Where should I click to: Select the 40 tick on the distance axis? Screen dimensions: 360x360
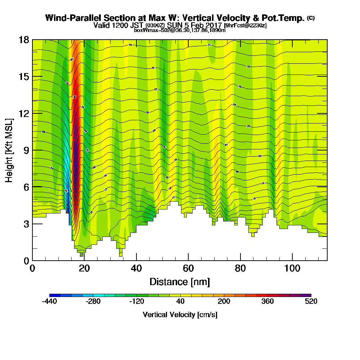136,260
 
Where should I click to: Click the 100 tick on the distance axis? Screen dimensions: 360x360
292,260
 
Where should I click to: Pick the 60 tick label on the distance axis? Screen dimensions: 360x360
188,268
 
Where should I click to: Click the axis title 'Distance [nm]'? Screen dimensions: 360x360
180,282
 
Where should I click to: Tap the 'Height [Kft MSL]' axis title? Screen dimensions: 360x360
9,150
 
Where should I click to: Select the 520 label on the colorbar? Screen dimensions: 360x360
311,302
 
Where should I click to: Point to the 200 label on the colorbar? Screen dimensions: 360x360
224,302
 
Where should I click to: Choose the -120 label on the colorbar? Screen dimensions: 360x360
136,302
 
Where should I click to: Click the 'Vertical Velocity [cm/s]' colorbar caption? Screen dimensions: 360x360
180,315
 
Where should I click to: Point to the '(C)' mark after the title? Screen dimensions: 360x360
311,18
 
